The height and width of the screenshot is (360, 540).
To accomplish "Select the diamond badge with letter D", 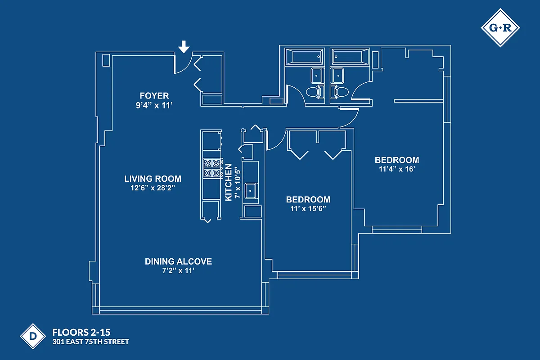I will tap(33, 336).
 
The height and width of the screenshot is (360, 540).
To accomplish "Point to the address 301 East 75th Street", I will tap(90, 342).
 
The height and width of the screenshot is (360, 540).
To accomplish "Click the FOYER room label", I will tap(154, 96).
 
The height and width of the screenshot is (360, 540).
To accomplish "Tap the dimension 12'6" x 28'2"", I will tap(153, 188).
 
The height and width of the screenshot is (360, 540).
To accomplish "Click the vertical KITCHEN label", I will tap(229, 182).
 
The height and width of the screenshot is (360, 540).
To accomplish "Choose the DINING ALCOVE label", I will tap(178, 261).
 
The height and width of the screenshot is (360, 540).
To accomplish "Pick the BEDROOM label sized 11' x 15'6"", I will tap(308, 199).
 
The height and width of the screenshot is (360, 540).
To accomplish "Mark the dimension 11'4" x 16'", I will tap(396, 169).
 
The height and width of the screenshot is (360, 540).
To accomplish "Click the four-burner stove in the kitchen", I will tap(212, 167).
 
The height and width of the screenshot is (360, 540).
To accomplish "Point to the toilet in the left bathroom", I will tap(314, 92).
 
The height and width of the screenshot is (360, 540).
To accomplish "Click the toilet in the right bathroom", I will tap(340, 92).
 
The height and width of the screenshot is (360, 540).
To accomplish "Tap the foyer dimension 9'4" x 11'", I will tap(154, 105).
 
